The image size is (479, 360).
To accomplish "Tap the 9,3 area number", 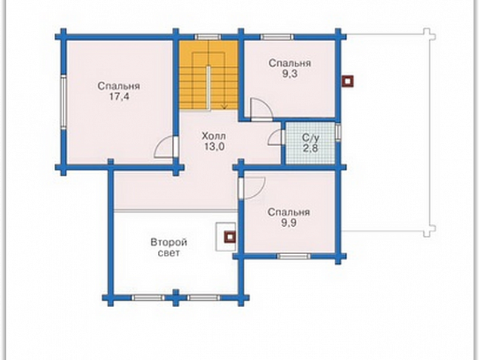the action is tap(289, 74).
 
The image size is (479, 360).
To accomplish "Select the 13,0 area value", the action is tap(214, 147).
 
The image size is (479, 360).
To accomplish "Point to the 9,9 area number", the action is tap(289, 223).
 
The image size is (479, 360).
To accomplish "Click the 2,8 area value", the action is tap(311, 149).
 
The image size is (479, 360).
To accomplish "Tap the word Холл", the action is tap(214, 136).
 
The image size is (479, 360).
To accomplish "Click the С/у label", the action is tap(311, 138).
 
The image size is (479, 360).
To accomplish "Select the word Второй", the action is tap(169, 243).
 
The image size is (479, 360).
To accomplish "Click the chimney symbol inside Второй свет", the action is tap(230, 237).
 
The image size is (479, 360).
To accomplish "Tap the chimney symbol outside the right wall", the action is tap(348, 81).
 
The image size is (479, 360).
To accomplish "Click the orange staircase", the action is tap(209, 75).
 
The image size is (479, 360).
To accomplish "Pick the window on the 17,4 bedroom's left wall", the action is tap(63, 102).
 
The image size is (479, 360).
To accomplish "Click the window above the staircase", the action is tap(208, 37).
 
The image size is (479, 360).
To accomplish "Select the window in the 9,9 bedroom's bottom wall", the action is tap(293, 256).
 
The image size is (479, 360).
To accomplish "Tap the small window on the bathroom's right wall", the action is tap(338, 132).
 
